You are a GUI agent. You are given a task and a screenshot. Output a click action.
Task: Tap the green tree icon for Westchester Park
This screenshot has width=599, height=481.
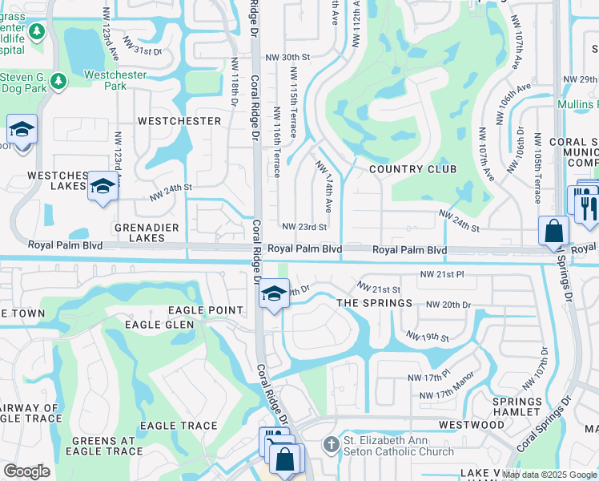pos(57,81)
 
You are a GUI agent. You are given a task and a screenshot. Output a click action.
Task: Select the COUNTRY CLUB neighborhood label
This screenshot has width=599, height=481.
pos(412,169)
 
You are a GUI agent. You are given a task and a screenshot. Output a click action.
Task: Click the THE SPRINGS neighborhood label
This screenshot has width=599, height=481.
pos(374,303)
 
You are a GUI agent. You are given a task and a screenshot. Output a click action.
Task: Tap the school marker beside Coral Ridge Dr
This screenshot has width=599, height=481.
pos(273,294)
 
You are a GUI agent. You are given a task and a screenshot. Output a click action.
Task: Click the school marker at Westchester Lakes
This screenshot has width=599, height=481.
pos(102,188)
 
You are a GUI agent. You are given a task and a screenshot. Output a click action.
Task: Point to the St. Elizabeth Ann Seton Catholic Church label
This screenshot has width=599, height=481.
pos(399,444)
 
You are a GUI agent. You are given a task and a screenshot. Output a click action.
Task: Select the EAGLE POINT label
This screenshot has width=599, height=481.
pos(205,310)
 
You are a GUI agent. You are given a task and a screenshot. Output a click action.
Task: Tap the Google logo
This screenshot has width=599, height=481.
pos(26,471)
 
